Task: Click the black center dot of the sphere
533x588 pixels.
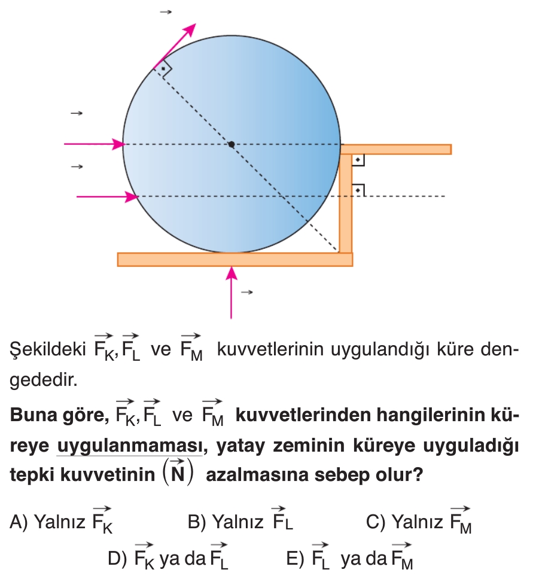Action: coord(232,144)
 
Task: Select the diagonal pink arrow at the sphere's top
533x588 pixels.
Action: coord(174,47)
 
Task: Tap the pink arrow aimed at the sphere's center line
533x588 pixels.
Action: coord(94,144)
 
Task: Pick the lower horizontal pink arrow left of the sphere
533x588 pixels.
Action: coord(107,197)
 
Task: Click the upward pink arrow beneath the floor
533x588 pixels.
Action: coord(231,293)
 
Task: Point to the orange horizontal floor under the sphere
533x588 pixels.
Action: coord(235,260)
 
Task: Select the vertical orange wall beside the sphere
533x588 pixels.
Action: coord(345,203)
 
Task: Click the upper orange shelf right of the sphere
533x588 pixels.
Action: coord(395,150)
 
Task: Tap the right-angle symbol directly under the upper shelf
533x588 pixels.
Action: coord(358,160)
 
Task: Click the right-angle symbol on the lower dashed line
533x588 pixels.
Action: coord(358,190)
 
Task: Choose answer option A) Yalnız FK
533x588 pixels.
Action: coord(61,520)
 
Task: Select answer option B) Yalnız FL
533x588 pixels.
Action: coord(240,519)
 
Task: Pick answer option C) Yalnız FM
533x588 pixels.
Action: coord(419,520)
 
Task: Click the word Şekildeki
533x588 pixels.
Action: coord(48,349)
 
